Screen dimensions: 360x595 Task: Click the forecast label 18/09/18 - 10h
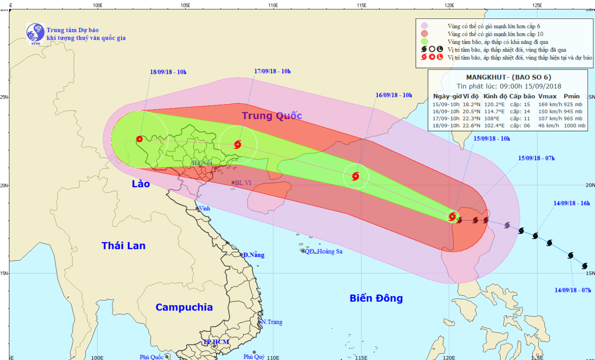pyautogui.click(x=168, y=72)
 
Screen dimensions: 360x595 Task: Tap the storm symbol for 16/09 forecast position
pyautogui.click(x=355, y=176)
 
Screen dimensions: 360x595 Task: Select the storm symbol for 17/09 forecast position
pyautogui.click(x=238, y=144)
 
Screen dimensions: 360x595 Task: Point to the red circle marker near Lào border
pyautogui.click(x=139, y=139)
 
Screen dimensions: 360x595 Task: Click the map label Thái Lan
pyautogui.click(x=123, y=246)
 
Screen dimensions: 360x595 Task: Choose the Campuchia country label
pyautogui.click(x=184, y=307)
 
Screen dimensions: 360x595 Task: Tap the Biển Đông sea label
pyautogui.click(x=376, y=298)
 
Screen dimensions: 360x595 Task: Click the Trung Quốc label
pyautogui.click(x=272, y=116)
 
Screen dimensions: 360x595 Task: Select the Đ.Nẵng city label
pyautogui.click(x=253, y=255)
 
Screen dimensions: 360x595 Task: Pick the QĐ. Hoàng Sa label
pyautogui.click(x=323, y=251)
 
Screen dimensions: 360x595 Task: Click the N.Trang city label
pyautogui.click(x=272, y=322)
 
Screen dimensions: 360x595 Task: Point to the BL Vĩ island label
pyautogui.click(x=243, y=183)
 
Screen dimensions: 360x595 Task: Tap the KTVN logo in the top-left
pyautogui.click(x=35, y=33)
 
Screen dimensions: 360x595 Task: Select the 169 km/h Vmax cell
pyautogui.click(x=549, y=105)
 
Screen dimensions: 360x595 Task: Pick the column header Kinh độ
pyautogui.click(x=495, y=96)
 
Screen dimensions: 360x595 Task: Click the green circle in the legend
pyautogui.click(x=424, y=42)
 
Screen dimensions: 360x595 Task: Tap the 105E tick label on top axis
pyautogui.click(x=185, y=5)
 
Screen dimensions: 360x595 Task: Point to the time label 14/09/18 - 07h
pyautogui.click(x=572, y=290)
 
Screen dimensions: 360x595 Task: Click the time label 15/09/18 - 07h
pyautogui.click(x=536, y=158)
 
